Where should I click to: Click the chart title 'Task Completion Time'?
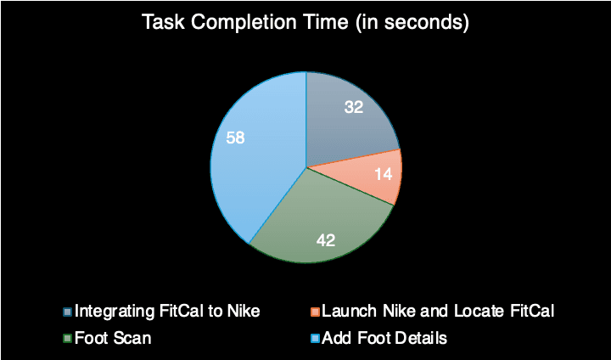(244, 22)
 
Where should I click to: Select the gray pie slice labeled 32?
(347, 117)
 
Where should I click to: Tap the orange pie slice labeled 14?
(374, 176)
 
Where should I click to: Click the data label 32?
(354, 107)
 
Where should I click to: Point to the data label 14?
(383, 174)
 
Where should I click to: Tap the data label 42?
(326, 240)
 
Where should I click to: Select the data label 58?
(235, 138)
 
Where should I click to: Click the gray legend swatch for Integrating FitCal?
(67, 312)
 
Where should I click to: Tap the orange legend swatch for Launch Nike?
(315, 312)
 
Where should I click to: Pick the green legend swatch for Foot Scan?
(67, 338)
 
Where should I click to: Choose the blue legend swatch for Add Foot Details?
(315, 338)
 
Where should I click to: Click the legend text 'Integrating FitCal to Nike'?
(167, 312)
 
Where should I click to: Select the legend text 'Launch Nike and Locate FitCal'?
(438, 312)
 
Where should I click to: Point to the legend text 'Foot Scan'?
(113, 338)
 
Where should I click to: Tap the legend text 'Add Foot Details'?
(384, 338)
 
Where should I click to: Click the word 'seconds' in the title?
(423, 23)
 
